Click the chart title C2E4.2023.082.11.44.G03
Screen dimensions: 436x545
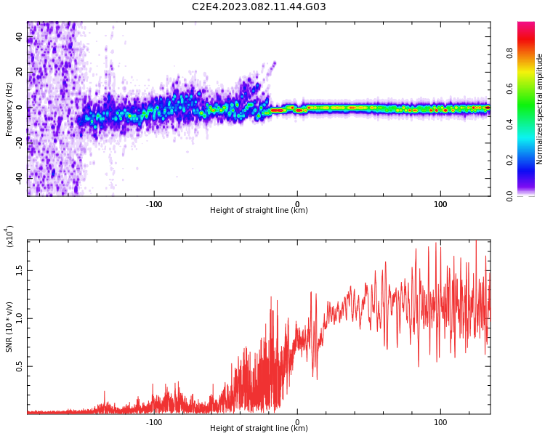259,7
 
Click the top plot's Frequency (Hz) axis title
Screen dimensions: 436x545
9,109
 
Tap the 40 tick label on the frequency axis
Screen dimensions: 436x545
20,37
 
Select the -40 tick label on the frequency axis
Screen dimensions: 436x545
20,178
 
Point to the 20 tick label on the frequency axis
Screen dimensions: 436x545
20,73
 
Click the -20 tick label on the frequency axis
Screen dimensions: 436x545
20,142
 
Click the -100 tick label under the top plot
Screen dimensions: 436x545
153,204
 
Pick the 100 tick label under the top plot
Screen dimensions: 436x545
440,204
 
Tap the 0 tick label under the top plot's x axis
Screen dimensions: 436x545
296,204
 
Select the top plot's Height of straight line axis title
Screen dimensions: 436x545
259,211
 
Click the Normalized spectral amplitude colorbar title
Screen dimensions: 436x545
540,109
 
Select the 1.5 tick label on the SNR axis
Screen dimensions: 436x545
20,270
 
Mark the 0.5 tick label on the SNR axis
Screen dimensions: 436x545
20,366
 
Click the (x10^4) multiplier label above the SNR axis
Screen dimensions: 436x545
9,236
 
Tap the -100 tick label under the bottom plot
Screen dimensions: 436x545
153,422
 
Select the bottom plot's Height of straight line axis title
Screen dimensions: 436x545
259,429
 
